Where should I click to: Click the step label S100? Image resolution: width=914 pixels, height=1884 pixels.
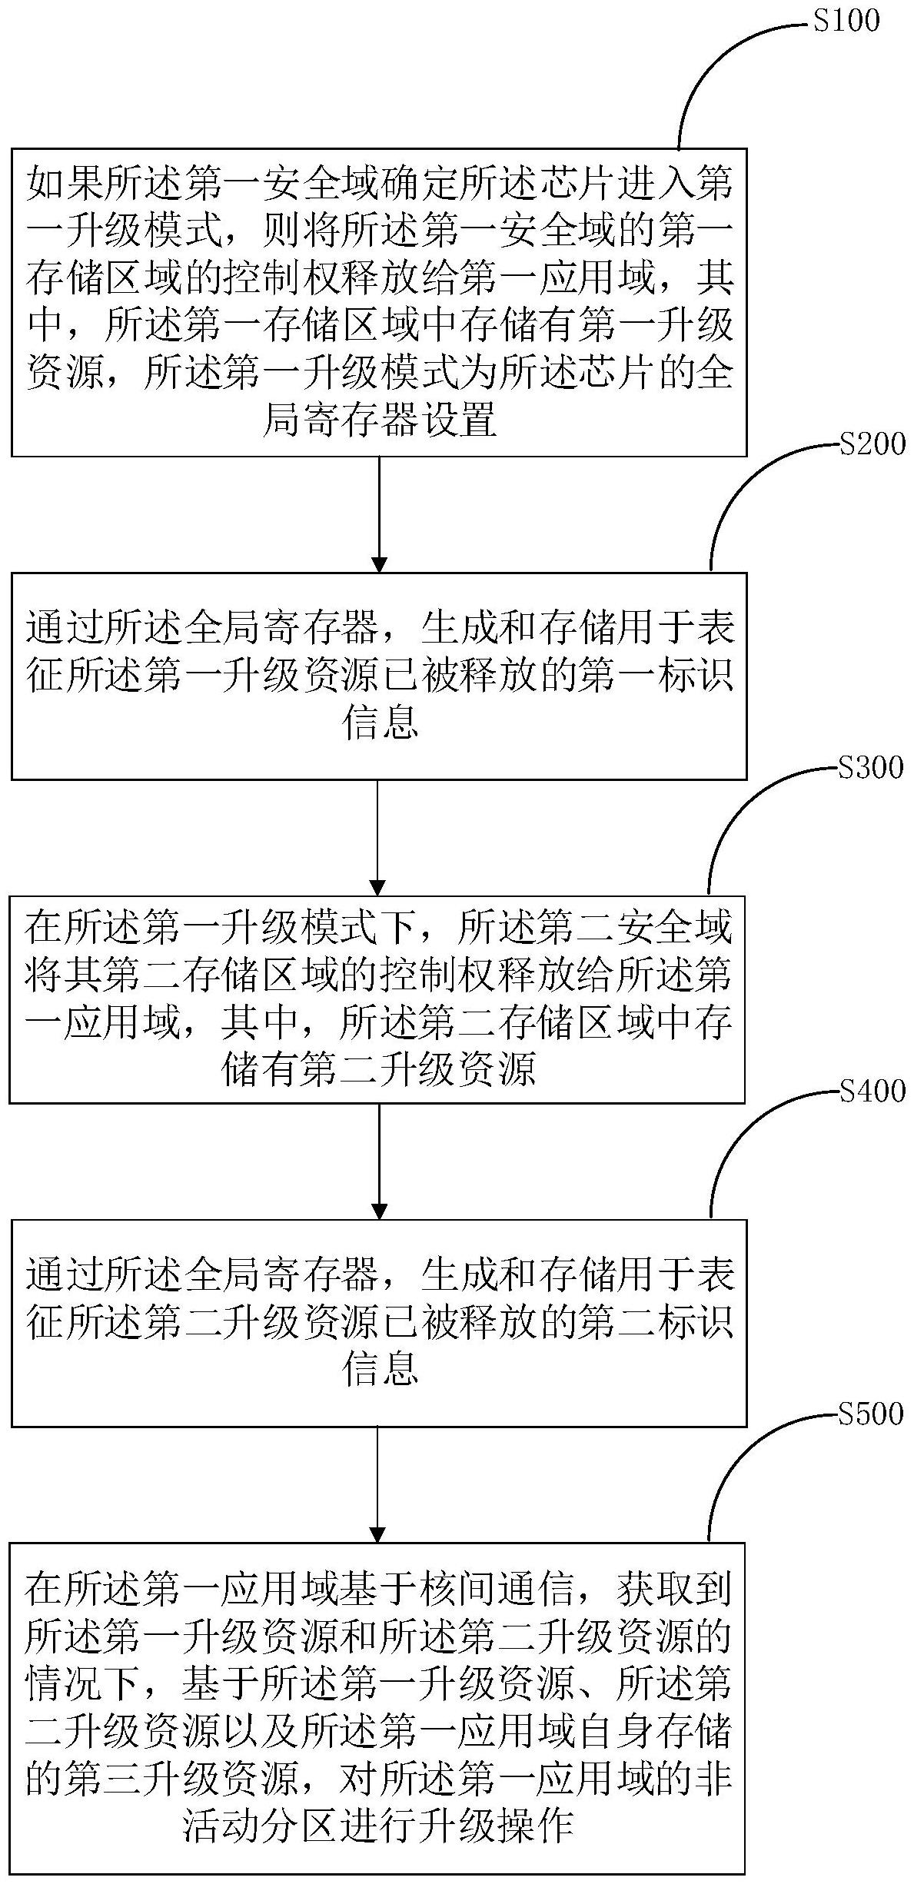(x=846, y=21)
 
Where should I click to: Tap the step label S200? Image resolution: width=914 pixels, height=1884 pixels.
(x=872, y=444)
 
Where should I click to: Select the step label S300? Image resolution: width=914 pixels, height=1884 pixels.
(x=870, y=767)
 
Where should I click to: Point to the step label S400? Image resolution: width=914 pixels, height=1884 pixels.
(x=872, y=1090)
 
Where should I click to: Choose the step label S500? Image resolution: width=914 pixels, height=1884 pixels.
(x=870, y=1414)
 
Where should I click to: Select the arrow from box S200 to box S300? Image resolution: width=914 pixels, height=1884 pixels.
(x=378, y=837)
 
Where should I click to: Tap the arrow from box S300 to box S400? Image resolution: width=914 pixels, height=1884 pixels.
(x=378, y=1161)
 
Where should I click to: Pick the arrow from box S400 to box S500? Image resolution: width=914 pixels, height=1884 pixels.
(x=378, y=1484)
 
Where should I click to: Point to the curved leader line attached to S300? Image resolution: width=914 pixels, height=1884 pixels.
(x=738, y=815)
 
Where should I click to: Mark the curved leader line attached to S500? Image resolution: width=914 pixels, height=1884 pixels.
(x=738, y=1460)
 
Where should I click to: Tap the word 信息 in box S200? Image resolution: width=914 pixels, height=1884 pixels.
(x=380, y=723)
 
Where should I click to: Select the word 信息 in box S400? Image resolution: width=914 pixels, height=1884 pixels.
(x=380, y=1369)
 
